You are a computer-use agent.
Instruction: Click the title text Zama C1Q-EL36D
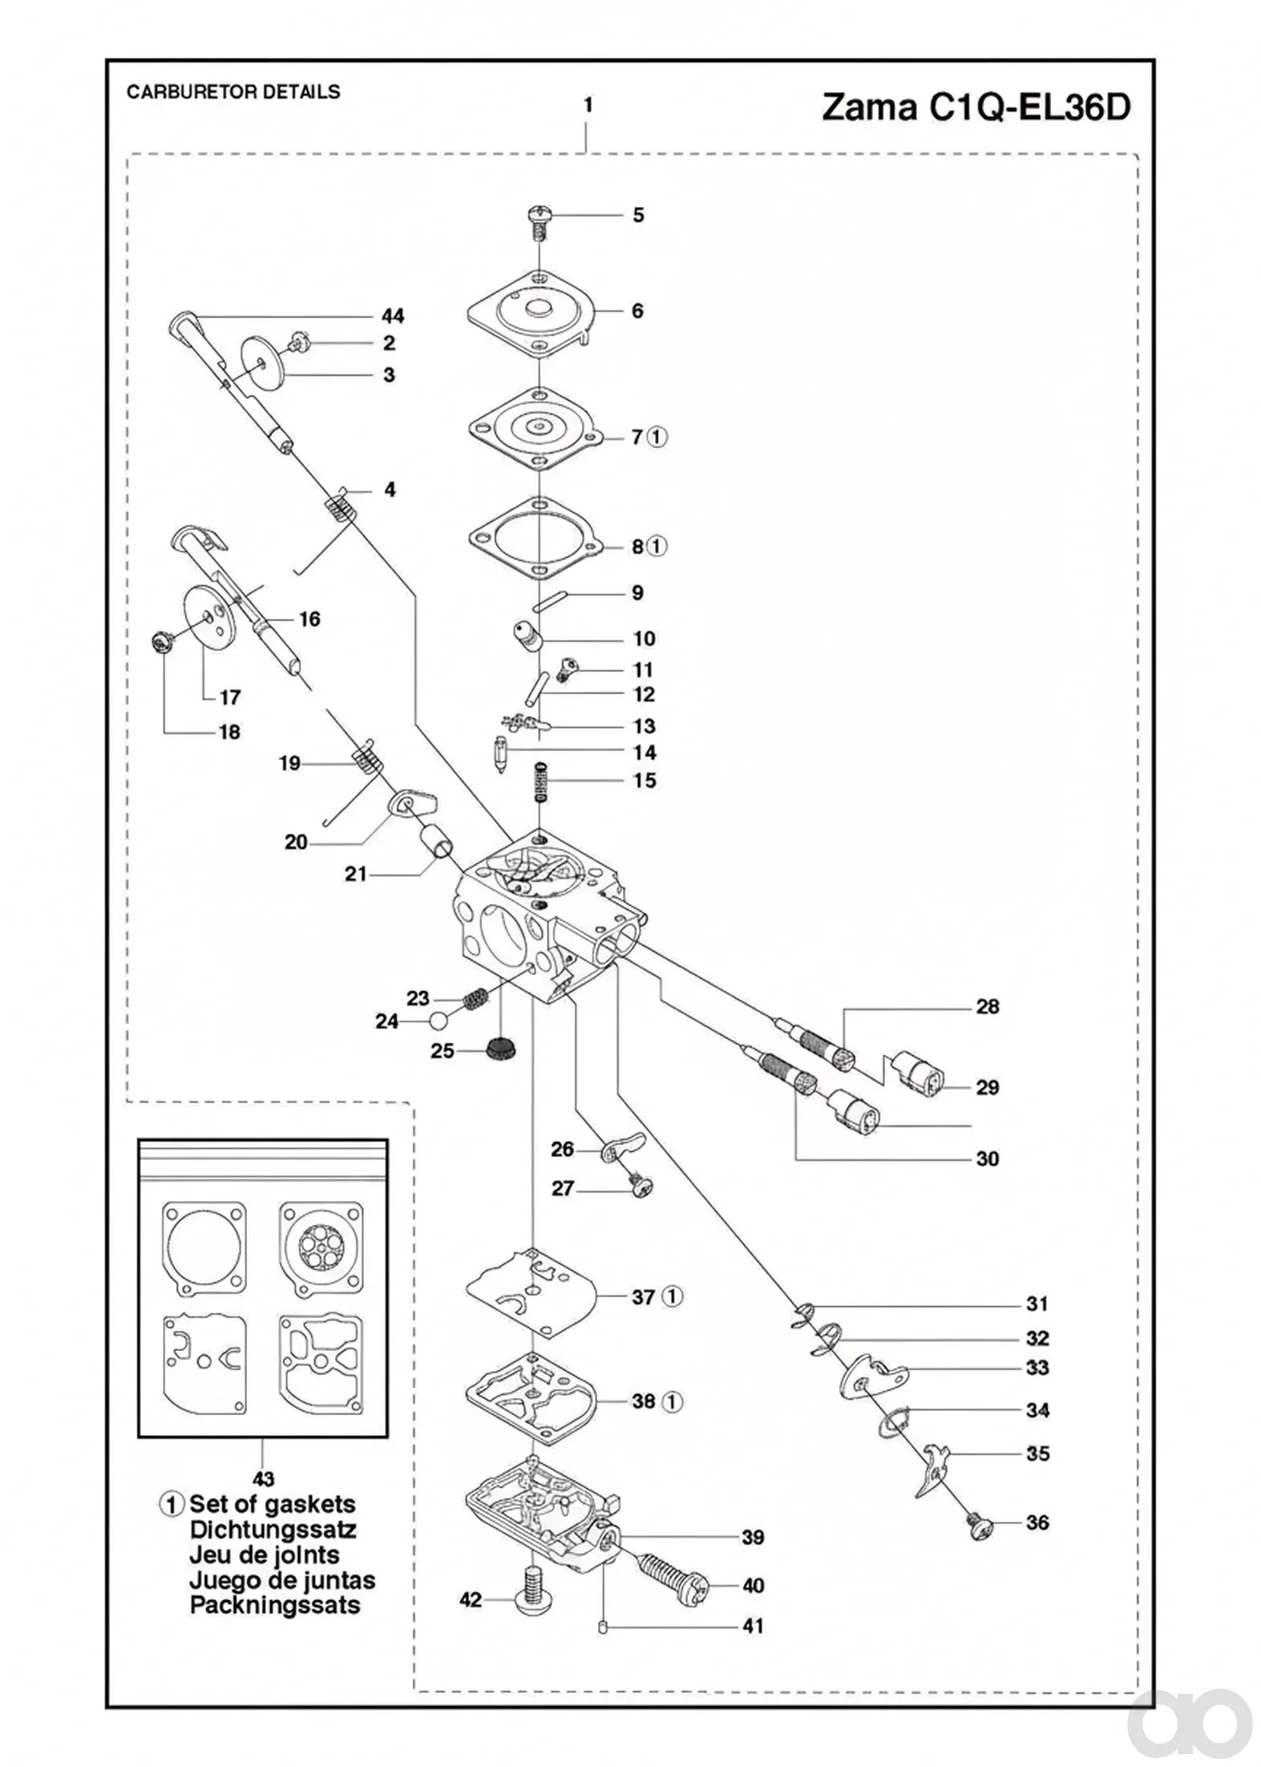tap(976, 107)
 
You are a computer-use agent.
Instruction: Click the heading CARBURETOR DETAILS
tap(233, 91)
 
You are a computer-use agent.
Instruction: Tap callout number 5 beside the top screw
tap(638, 215)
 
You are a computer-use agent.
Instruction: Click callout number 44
tap(393, 315)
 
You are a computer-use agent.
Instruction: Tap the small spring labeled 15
tap(543, 781)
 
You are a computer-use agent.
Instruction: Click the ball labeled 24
tap(439, 1021)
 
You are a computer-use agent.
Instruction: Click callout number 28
tap(988, 1006)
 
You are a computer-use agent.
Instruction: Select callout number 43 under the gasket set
tap(263, 1479)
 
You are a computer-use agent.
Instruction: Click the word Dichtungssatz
tap(273, 1529)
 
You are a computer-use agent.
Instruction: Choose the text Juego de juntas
tap(282, 1580)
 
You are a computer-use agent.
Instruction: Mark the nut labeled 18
tap(163, 642)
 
